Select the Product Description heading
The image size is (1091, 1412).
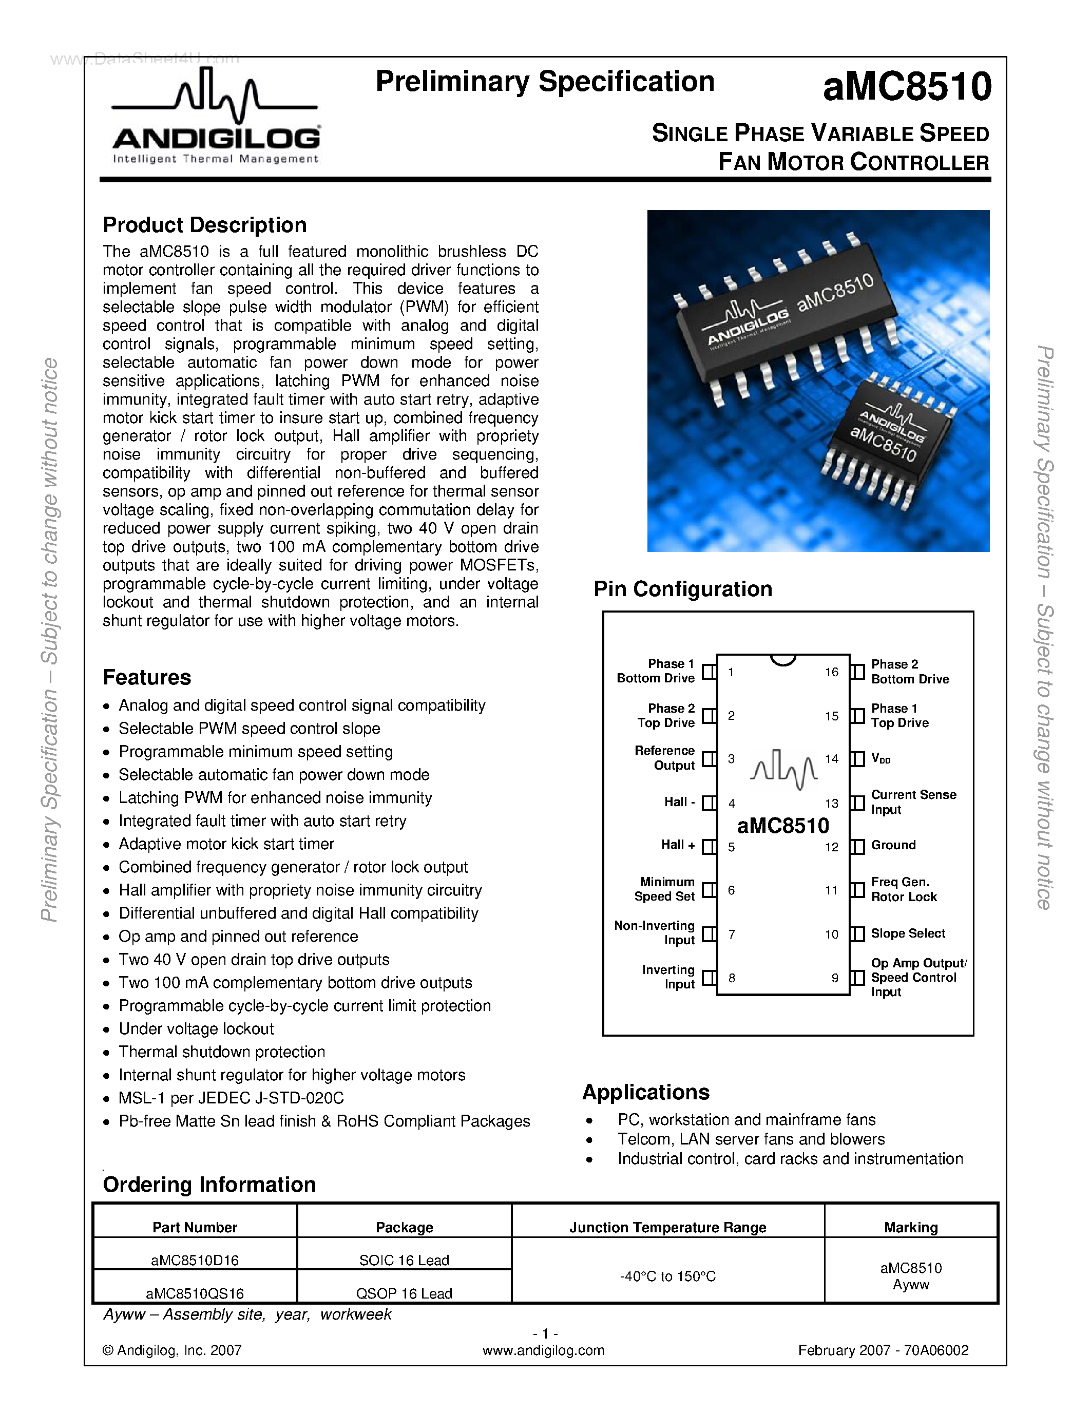pyautogui.click(x=205, y=225)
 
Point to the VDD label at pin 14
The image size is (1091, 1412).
pyautogui.click(x=881, y=759)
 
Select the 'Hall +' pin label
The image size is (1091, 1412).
pyautogui.click(x=678, y=845)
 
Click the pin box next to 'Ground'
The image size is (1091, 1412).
pyautogui.click(x=858, y=847)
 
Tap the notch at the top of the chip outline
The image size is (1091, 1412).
pyautogui.click(x=783, y=659)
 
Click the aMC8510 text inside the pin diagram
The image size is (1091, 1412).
pyautogui.click(x=783, y=826)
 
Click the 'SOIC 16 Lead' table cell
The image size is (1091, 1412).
pyautogui.click(x=404, y=1260)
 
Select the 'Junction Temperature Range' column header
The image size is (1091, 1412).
pyautogui.click(x=667, y=1227)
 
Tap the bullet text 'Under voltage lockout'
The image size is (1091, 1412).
pyautogui.click(x=196, y=1028)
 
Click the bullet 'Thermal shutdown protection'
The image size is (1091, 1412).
pyautogui.click(x=222, y=1052)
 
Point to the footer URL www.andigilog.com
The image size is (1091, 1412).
pyautogui.click(x=543, y=1350)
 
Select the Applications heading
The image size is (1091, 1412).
pyautogui.click(x=646, y=1092)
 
